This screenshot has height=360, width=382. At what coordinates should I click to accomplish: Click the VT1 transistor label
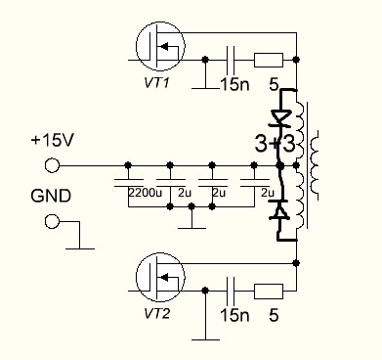(156, 83)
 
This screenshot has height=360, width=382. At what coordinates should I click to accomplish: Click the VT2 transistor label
(156, 314)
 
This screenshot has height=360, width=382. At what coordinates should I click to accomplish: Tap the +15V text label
(53, 140)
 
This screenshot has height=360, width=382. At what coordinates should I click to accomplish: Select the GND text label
(51, 196)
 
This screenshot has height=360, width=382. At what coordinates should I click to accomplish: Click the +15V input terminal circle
(52, 165)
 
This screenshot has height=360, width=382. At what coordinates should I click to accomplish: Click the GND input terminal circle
(52, 221)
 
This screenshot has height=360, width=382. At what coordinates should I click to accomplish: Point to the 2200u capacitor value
(145, 193)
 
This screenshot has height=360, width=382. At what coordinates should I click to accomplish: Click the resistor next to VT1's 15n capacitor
(269, 60)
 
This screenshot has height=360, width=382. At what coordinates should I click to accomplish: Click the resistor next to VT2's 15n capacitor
(269, 292)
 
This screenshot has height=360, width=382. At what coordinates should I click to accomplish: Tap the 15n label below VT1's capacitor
(234, 84)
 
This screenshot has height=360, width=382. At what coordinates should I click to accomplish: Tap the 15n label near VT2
(234, 315)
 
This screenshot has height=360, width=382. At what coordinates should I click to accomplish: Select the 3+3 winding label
(276, 144)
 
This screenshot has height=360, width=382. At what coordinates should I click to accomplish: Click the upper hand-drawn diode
(280, 117)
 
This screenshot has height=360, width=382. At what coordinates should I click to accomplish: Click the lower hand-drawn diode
(278, 210)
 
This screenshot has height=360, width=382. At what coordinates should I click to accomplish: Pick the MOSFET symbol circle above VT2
(160, 277)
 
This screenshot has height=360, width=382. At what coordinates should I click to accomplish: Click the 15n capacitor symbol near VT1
(231, 60)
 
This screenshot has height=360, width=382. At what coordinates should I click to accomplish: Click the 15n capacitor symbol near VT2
(231, 291)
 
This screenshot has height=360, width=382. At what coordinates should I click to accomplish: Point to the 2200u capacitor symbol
(128, 183)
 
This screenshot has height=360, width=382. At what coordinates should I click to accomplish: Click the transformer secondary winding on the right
(315, 165)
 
